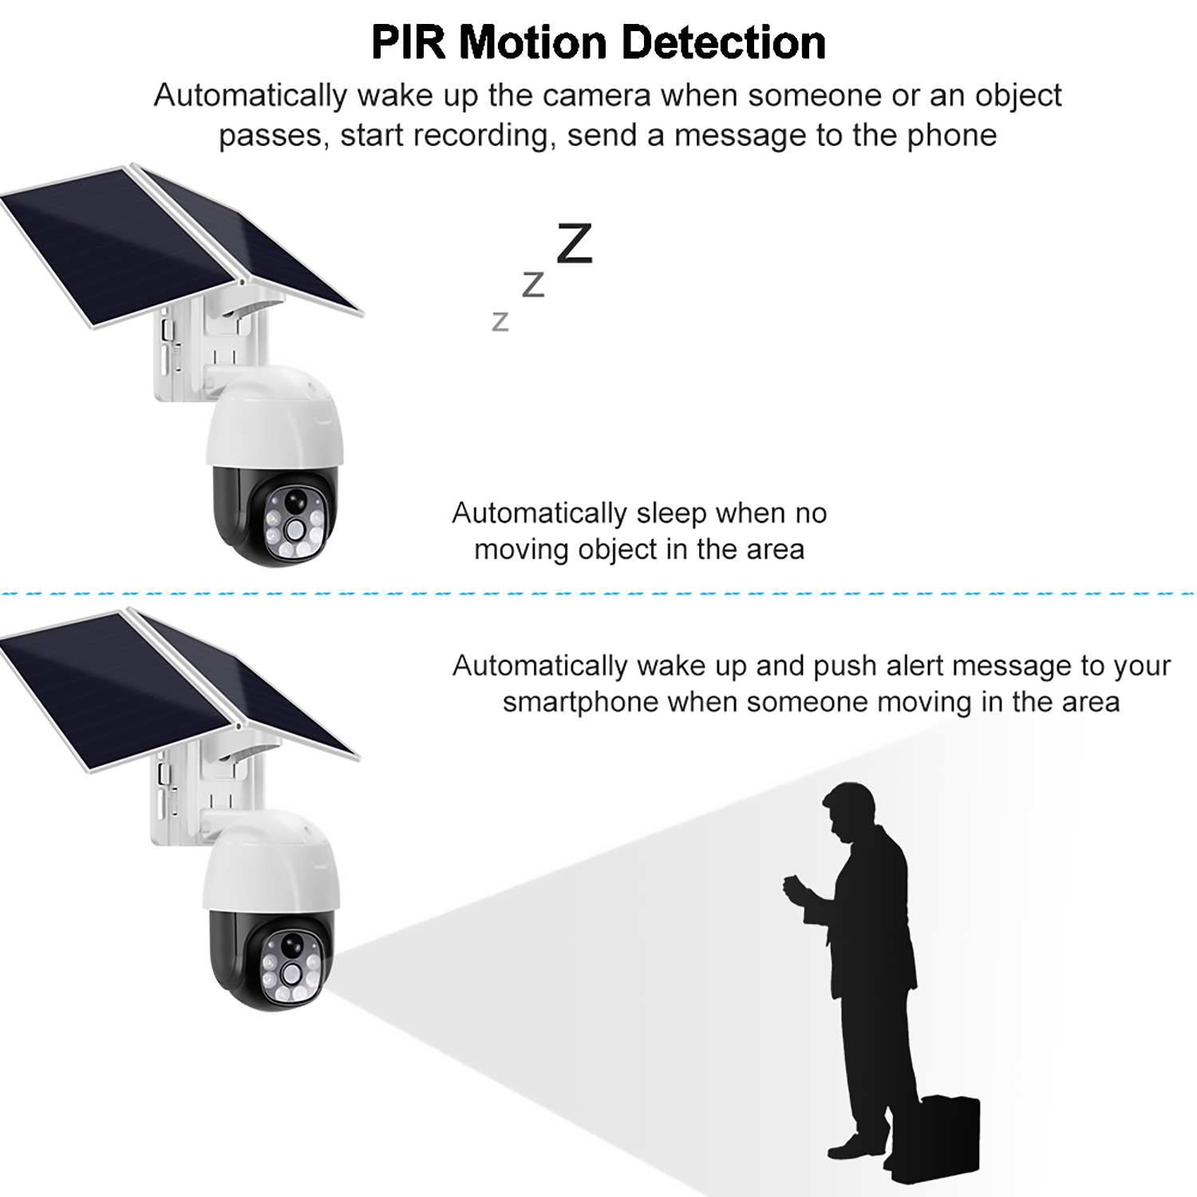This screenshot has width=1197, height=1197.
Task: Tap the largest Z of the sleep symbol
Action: coord(575,244)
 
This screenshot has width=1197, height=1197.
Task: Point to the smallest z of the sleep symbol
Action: coord(500,321)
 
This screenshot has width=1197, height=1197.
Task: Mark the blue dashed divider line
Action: coord(598,595)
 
